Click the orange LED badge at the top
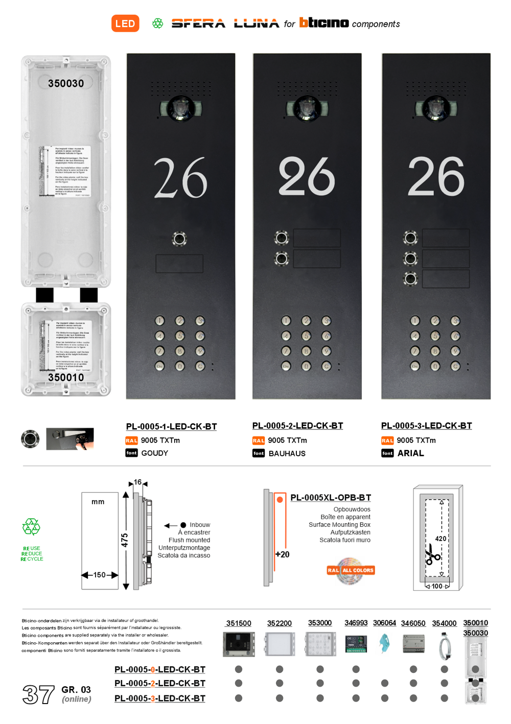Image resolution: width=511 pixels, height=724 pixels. [x=125, y=24]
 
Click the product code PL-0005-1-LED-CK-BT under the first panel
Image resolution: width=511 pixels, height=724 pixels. [x=172, y=426]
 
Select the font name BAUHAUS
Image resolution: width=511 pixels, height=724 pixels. [x=287, y=453]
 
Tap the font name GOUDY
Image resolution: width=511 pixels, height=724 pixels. [x=155, y=453]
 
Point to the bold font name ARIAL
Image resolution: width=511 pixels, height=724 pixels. [x=411, y=453]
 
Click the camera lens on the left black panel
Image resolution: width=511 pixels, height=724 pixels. [x=180, y=108]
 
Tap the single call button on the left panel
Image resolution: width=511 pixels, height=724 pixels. [x=180, y=239]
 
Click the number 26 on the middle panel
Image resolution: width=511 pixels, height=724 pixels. [x=307, y=177]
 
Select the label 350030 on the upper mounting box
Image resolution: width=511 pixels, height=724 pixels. [x=66, y=83]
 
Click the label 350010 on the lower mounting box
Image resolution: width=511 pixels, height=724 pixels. [x=66, y=377]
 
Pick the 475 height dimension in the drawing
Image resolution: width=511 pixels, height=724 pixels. [x=125, y=540]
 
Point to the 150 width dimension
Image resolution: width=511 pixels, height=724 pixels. [x=100, y=575]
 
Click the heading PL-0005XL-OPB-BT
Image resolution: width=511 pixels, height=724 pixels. [x=331, y=498]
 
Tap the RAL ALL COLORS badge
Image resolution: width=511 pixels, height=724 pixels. [x=351, y=570]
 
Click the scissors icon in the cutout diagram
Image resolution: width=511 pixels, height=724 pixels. [x=433, y=555]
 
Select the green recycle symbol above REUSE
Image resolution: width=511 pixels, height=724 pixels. [x=31, y=527]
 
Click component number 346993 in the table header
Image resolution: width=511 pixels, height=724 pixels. [x=356, y=623]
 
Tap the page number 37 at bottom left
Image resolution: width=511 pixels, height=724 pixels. [x=38, y=694]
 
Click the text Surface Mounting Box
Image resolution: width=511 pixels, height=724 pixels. [x=339, y=525]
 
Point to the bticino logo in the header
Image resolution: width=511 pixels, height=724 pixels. [x=324, y=22]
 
